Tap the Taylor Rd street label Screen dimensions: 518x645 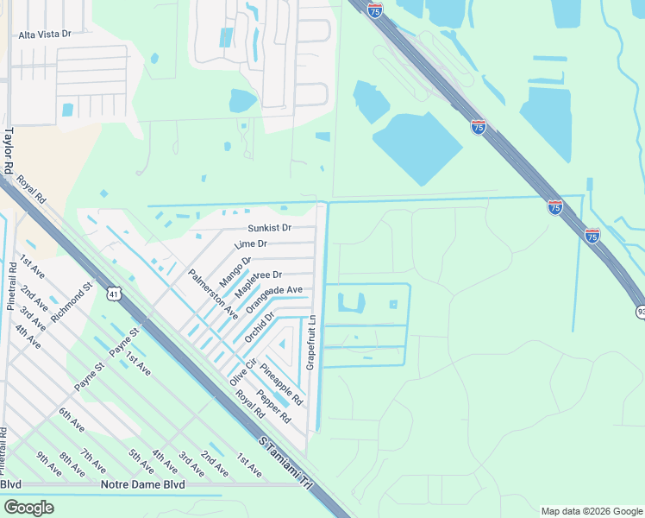click(9, 149)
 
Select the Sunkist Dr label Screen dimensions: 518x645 click(269, 228)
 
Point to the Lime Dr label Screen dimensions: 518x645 click(251, 245)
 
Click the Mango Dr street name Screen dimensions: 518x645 click(235, 271)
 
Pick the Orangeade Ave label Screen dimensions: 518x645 click(274, 300)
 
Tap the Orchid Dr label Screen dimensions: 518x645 click(259, 327)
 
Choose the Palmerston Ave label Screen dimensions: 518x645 click(213, 294)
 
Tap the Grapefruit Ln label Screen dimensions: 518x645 click(312, 338)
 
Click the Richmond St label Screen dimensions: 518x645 click(71, 301)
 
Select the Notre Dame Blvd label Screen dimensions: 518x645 click(142, 485)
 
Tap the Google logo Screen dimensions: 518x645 click(28, 508)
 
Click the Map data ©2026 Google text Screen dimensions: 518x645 click(591, 511)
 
